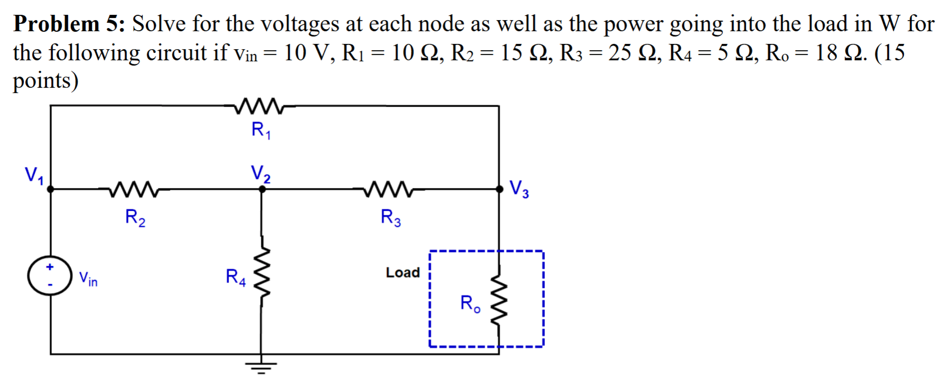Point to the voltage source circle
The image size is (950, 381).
point(50,276)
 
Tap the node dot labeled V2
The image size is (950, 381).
point(262,189)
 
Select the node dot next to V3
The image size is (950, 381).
point(500,189)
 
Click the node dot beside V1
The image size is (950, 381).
point(51,189)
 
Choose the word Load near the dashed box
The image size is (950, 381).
point(402,273)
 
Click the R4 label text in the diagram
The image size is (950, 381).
point(236,276)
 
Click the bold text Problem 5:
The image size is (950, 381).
point(69,24)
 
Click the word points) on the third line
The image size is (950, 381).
point(45,81)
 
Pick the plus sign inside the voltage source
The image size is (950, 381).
point(50,267)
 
